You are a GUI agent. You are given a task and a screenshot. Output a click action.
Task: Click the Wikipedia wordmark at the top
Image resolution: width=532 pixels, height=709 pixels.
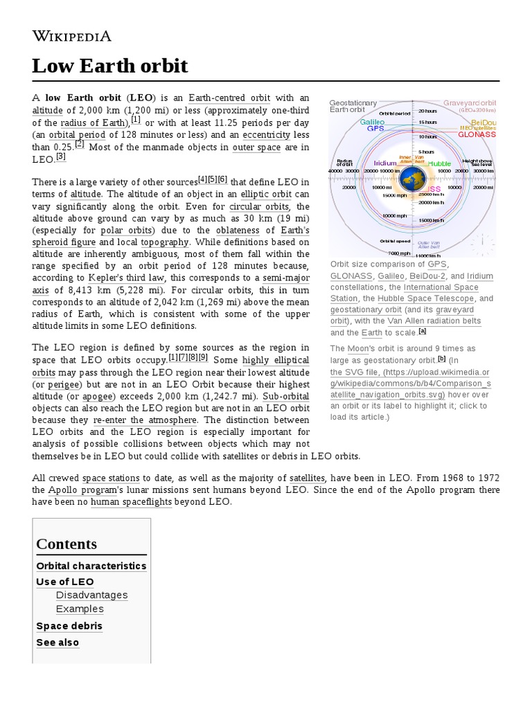coord(72,36)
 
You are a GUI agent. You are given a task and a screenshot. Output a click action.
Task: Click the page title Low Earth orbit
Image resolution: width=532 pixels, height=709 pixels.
coord(110,66)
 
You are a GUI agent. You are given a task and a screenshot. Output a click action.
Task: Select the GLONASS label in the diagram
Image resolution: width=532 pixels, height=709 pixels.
coord(479,134)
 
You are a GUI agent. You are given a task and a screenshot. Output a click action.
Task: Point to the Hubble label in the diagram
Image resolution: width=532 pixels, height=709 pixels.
coord(439,163)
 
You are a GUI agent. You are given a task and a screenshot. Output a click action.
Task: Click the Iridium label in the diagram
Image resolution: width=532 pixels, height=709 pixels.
coord(384,163)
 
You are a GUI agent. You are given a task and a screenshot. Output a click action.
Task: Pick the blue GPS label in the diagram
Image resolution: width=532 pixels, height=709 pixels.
coord(375,129)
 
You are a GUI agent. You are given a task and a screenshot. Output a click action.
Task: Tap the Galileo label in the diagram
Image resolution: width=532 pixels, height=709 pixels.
coord(372,121)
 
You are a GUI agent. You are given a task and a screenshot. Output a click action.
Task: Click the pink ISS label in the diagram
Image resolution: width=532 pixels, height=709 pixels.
coord(434,188)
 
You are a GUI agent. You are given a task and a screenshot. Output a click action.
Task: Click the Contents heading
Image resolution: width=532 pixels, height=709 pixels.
coord(66,544)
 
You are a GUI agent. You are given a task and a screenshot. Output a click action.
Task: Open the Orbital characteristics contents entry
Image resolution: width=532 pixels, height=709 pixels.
coord(91,566)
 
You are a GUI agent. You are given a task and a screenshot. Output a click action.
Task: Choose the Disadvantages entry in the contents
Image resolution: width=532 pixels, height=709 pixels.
coord(92,595)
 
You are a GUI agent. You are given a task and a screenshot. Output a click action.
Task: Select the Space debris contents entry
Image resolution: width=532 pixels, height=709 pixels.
coord(69,626)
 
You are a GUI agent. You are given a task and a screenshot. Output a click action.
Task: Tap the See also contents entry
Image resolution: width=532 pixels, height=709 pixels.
coord(57,643)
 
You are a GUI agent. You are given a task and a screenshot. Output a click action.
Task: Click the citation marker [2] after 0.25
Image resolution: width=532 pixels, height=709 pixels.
coord(80,144)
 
